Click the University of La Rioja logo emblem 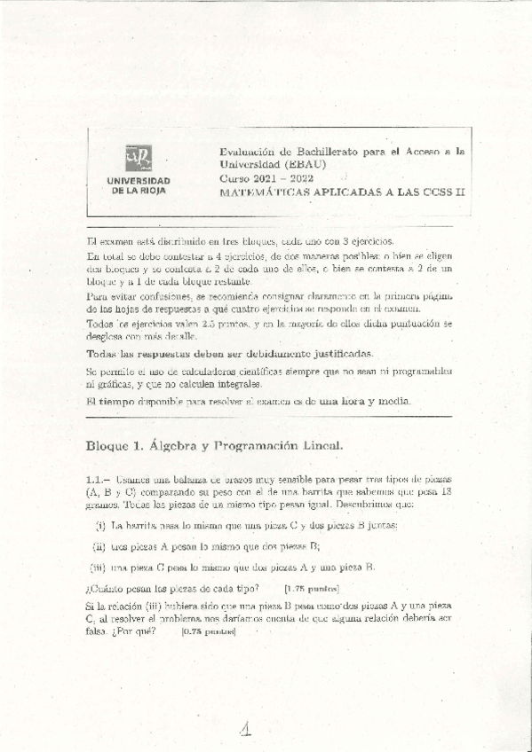coord(139,159)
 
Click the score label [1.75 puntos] coord(311,588)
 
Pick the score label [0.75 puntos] coord(206,631)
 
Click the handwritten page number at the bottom coord(247,728)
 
